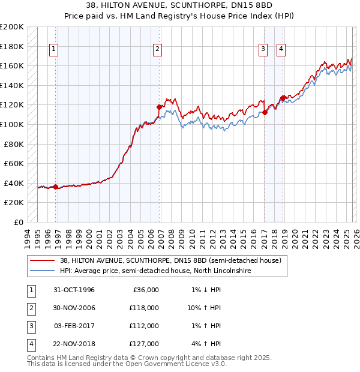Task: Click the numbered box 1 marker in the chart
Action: pos(54,50)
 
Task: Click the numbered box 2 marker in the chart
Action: pos(157,50)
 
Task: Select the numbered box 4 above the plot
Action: pos(280,50)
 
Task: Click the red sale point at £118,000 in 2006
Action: pos(160,107)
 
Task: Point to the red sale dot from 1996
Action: pos(56,187)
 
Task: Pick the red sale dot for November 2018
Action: pos(283,98)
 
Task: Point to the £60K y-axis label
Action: pos(14,163)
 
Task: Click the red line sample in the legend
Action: pos(43,260)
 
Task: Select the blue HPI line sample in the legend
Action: pos(43,271)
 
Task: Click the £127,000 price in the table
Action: pos(144,344)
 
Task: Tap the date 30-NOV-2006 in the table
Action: pos(74,308)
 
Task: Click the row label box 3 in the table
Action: pos(30,326)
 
